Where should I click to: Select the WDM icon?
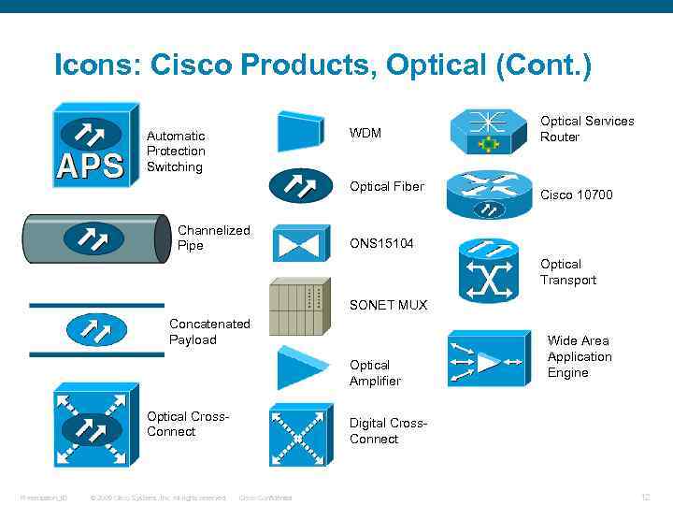click(x=300, y=131)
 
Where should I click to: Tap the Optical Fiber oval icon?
click(x=300, y=186)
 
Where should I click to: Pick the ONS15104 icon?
click(x=300, y=243)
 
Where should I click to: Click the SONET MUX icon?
click(x=299, y=307)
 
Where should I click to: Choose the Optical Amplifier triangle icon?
click(x=301, y=368)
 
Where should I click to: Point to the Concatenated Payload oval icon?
click(x=91, y=329)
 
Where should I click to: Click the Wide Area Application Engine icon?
click(x=488, y=359)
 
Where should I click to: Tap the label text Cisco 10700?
click(x=577, y=195)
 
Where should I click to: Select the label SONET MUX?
click(x=388, y=305)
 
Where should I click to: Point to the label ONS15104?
click(x=382, y=243)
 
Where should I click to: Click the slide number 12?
click(x=644, y=497)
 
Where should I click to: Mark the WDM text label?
click(x=365, y=133)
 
